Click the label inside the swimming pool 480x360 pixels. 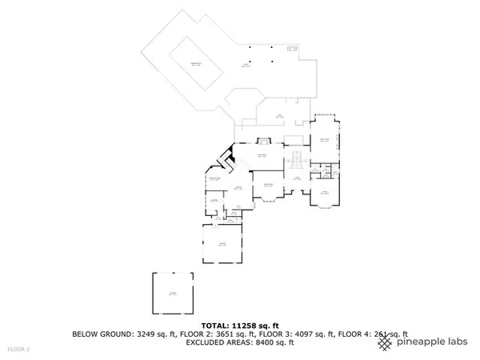[194, 63]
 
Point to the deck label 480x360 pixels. [279, 117]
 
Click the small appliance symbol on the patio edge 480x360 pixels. [291, 51]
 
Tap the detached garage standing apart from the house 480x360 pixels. [173, 294]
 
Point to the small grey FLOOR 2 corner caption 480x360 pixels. [18, 350]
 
